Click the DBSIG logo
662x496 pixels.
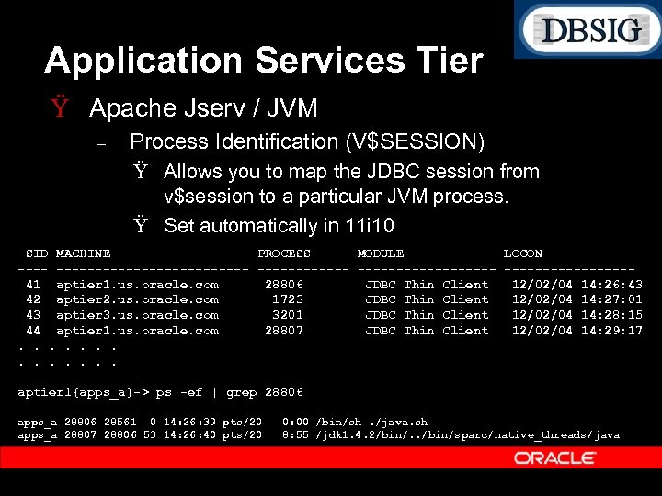[589, 30]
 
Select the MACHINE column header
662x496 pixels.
[84, 254]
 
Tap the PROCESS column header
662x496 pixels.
[284, 254]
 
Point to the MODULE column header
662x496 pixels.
[381, 254]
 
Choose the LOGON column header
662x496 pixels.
[523, 254]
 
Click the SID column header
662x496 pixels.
[38, 254]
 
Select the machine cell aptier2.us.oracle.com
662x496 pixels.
[138, 299]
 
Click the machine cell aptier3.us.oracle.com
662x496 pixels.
[138, 315]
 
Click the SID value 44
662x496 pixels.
[33, 331]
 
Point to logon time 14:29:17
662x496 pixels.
[612, 331]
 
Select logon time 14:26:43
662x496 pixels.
[612, 285]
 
